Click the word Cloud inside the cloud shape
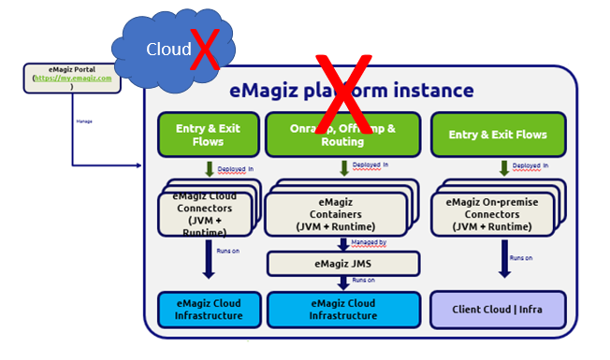[x=167, y=49]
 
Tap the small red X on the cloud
[x=204, y=48]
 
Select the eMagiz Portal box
[x=73, y=78]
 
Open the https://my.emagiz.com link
[x=73, y=79]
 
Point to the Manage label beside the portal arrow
[x=84, y=121]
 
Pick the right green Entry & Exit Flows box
[x=498, y=135]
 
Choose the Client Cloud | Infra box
[x=498, y=310]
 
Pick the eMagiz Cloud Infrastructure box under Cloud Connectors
[x=207, y=310]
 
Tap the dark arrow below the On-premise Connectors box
[x=503, y=261]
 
